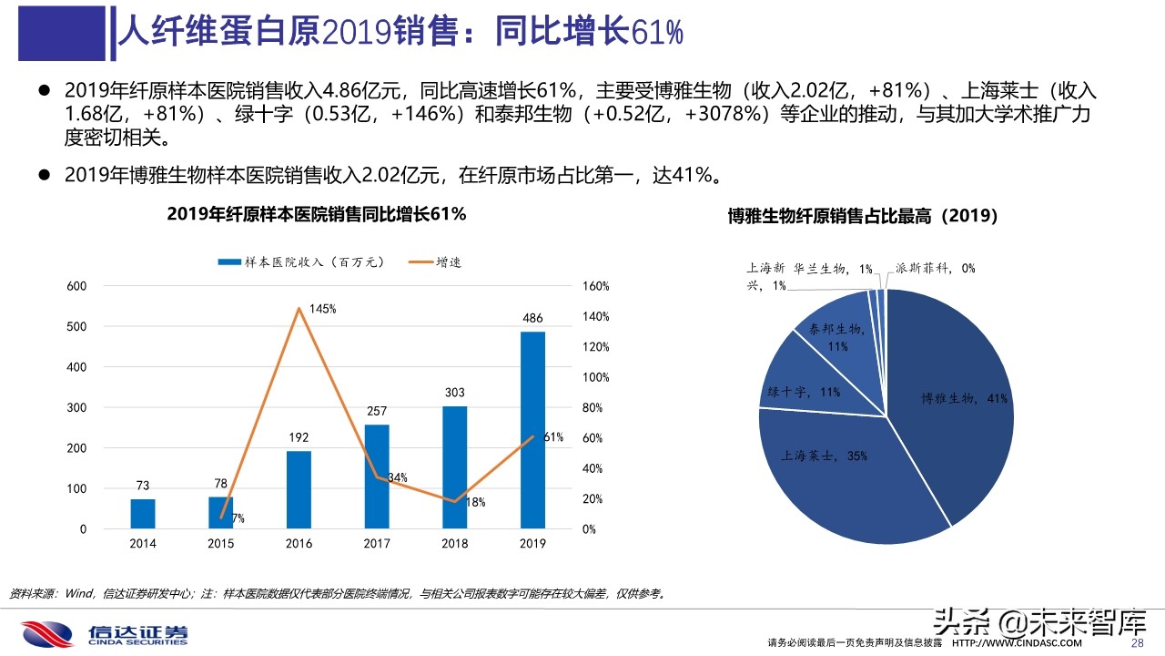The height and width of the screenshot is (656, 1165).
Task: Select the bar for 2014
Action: click(143, 513)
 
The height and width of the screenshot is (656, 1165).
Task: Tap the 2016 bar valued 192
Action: click(299, 489)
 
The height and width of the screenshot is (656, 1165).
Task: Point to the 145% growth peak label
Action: click(322, 309)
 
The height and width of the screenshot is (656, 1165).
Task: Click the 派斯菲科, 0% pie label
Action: click(935, 268)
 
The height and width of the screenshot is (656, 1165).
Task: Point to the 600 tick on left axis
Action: click(76, 286)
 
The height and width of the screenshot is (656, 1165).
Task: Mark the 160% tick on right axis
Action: click(595, 286)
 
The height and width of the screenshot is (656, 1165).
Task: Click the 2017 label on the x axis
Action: click(377, 544)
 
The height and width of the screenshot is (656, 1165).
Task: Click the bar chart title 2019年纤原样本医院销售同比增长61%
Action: click(316, 214)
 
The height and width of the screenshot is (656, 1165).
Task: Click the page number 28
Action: click(1136, 643)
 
